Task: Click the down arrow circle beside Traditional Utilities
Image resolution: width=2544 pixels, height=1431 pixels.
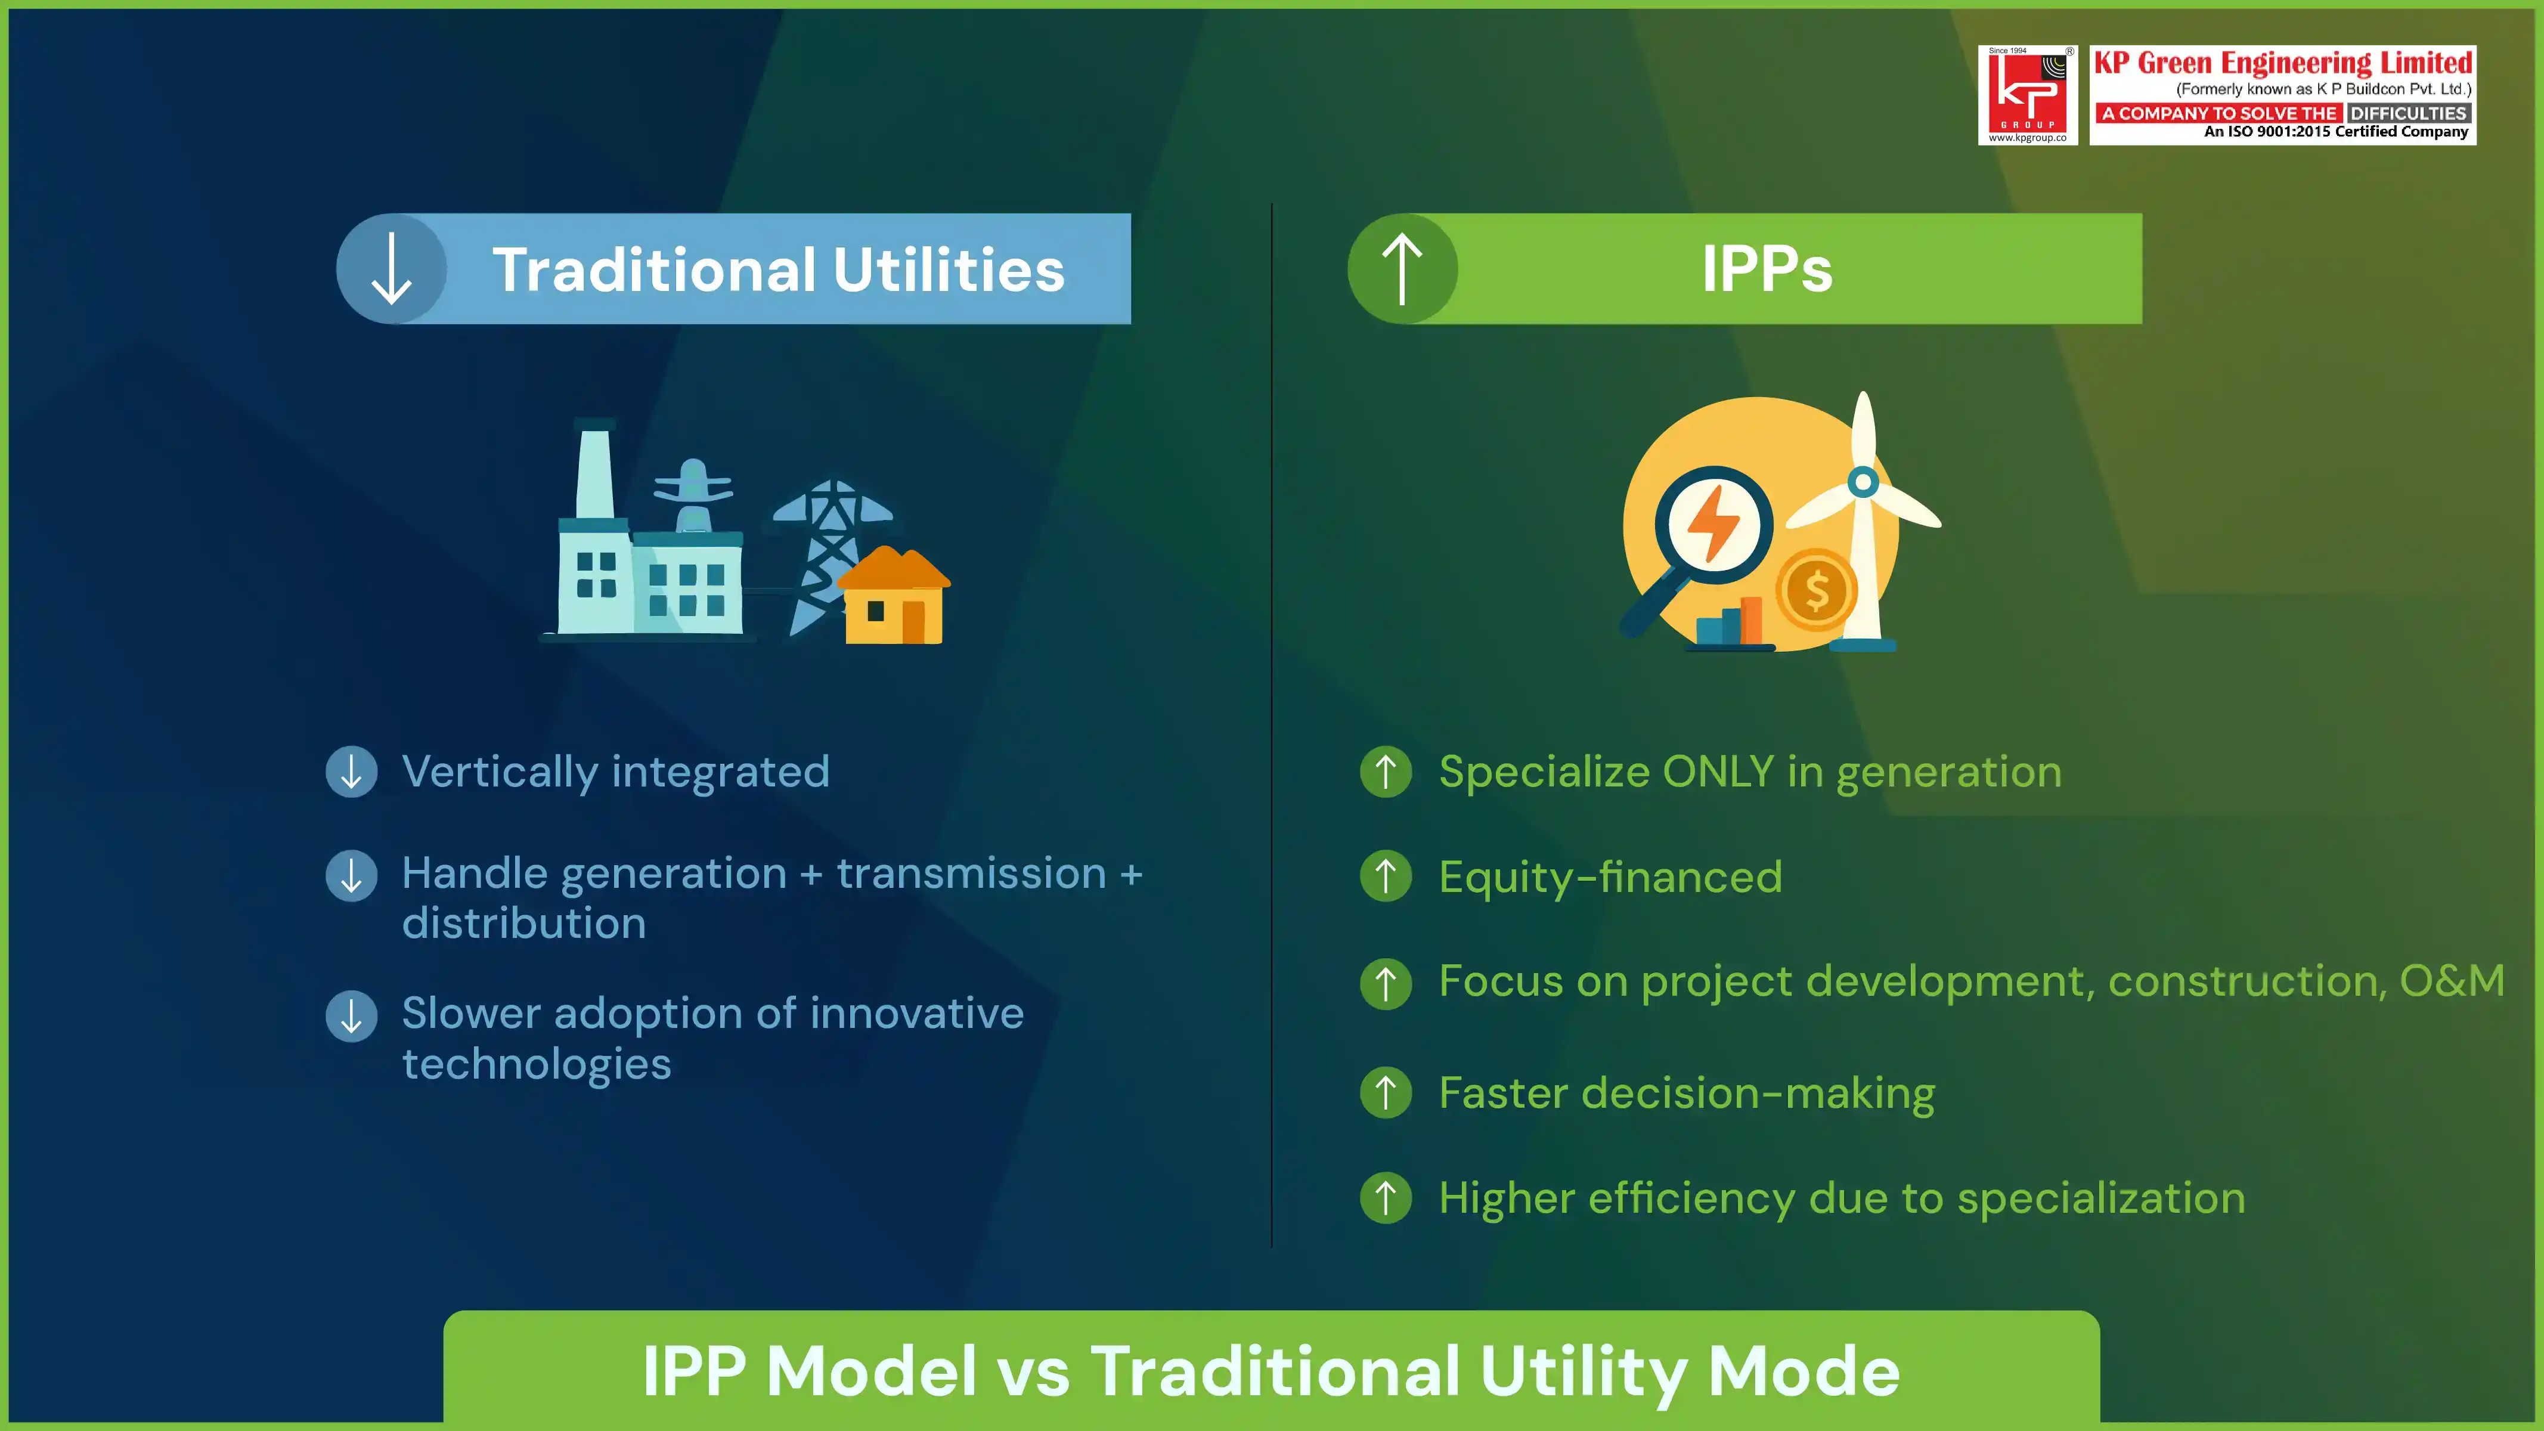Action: pos(392,269)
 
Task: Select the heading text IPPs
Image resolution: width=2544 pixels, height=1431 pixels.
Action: pos(1766,269)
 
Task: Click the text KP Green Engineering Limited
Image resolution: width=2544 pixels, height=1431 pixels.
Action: pos(2282,63)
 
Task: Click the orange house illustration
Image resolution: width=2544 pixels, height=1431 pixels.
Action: pos(894,597)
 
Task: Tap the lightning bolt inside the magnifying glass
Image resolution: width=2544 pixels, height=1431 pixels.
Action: pos(1713,524)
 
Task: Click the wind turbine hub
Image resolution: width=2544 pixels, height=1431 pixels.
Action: pos(1863,482)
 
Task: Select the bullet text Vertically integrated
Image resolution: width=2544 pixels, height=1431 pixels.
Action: pos(615,772)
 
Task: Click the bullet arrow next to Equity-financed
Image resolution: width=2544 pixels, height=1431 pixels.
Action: pos(1386,876)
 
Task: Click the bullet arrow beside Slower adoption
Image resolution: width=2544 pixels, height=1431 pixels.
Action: pos(352,1016)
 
